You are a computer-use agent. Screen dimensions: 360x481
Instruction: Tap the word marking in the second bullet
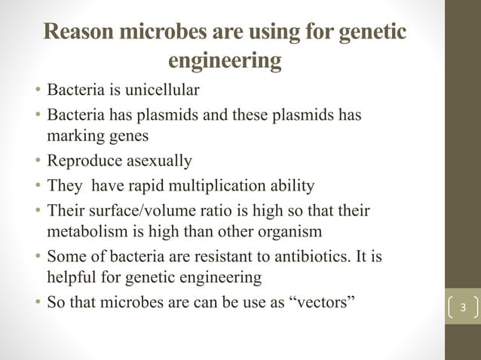(x=74, y=136)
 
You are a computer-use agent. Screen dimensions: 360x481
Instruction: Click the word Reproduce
(x=79, y=161)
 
